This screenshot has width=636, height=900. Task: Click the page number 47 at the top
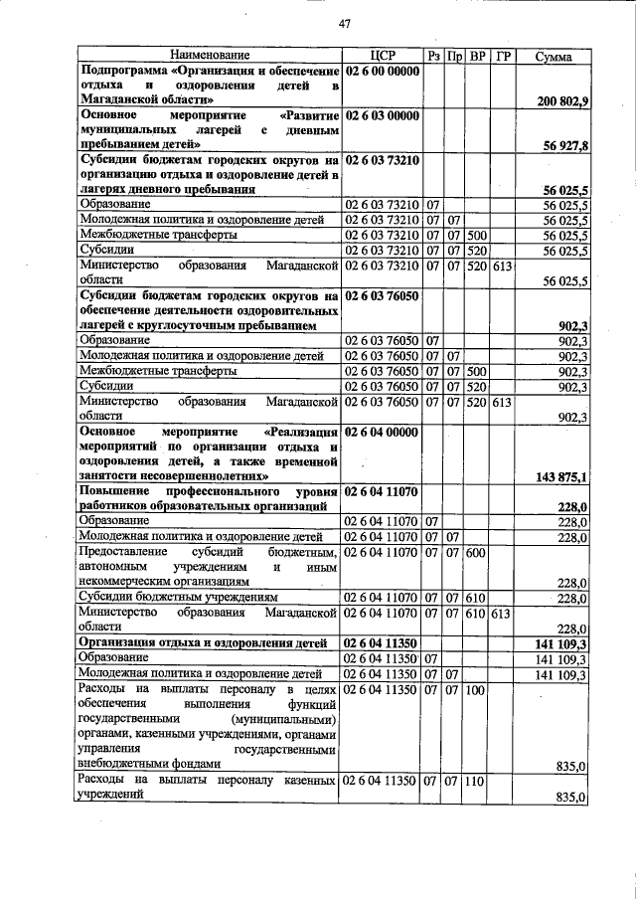tap(345, 23)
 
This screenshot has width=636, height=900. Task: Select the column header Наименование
tap(210, 57)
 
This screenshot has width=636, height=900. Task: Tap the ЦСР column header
tap(383, 57)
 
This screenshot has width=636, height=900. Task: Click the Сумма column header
tap(554, 57)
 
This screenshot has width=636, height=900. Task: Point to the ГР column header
tap(502, 57)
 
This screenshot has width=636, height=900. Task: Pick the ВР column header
tap(477, 57)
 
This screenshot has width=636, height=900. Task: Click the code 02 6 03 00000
tap(383, 115)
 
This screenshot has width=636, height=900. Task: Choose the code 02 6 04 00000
tap(383, 433)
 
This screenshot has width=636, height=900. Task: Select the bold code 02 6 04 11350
tap(383, 644)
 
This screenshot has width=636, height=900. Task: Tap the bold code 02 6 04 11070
tap(383, 492)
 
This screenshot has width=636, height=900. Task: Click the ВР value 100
tap(475, 690)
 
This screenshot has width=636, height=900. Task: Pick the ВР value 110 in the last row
tap(475, 782)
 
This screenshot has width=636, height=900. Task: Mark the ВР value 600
tap(475, 552)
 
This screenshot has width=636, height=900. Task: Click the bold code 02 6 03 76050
tap(383, 296)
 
